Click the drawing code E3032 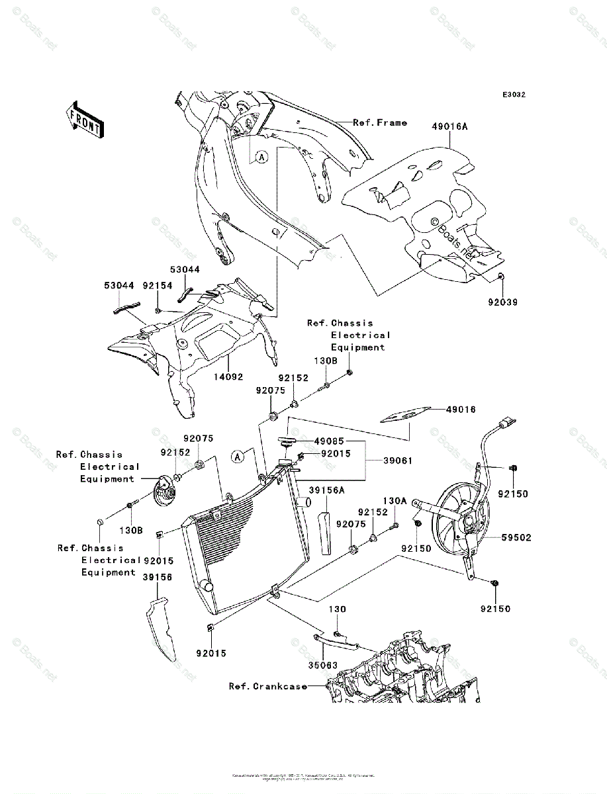pos(513,95)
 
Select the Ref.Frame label pos(379,122)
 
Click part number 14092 pos(228,377)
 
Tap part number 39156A pos(326,490)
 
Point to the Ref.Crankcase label pos(268,686)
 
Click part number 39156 pos(157,577)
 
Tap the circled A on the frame pos(261,157)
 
